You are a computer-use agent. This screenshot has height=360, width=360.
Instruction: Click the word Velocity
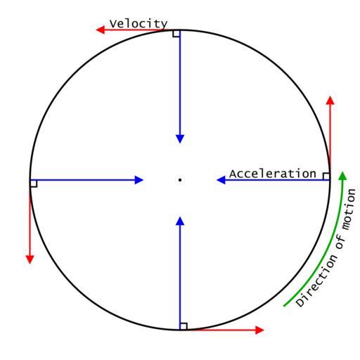pos(139,24)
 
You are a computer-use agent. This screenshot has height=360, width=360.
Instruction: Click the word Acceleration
pos(273,174)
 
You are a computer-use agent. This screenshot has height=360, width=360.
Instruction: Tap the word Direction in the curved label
pos(317,281)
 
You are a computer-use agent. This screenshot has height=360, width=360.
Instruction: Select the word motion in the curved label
pos(349,210)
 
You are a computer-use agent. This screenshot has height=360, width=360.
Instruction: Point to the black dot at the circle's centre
pos(180,180)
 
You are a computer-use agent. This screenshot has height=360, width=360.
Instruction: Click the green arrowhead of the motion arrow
pos(342,176)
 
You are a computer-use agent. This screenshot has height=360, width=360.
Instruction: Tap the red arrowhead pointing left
pos(101,30)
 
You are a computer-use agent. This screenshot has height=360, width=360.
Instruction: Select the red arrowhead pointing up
pos(330,101)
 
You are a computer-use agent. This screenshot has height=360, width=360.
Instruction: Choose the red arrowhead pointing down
pos(30,259)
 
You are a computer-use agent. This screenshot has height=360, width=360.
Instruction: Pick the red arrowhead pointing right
pos(259,330)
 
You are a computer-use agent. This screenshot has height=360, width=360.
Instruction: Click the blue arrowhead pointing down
pos(180,139)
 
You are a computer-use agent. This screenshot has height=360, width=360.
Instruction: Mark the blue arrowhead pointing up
pos(180,221)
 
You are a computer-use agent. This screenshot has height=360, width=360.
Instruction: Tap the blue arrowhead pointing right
pos(139,180)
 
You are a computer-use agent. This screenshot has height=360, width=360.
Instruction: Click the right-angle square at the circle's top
pos(176,34)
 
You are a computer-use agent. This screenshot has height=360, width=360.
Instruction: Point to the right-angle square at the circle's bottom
pos(184,326)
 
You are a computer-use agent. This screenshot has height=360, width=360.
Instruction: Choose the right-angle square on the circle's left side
pos(34,184)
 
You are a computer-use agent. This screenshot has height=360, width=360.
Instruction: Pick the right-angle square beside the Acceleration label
pos(326,176)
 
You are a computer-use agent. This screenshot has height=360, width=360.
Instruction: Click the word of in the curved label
pos(340,241)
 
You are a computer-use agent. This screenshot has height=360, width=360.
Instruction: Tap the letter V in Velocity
pos(112,24)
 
